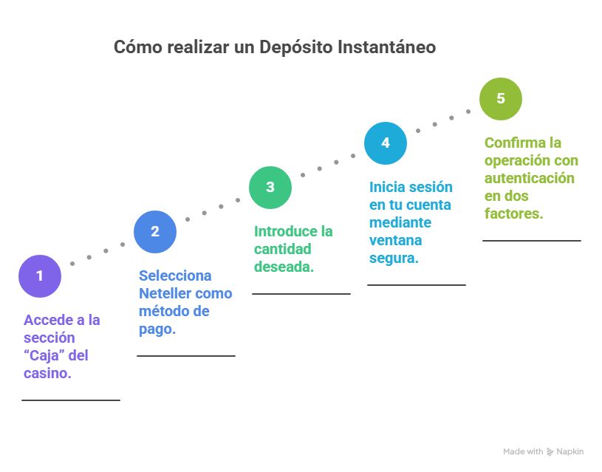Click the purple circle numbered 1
[x=40, y=276]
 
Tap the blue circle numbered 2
[x=155, y=231]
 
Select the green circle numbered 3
[x=270, y=187]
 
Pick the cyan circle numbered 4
[x=386, y=143]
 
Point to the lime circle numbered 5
[x=501, y=98]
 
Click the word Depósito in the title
[x=293, y=47]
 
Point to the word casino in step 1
[x=46, y=373]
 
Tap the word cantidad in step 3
[x=282, y=249]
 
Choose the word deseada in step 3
[x=282, y=267]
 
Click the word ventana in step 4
[x=395, y=240]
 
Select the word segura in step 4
[x=391, y=258]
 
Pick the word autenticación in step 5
[x=529, y=178]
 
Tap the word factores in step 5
[x=513, y=213]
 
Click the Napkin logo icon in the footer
[x=550, y=451]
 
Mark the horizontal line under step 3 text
[x=301, y=294]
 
